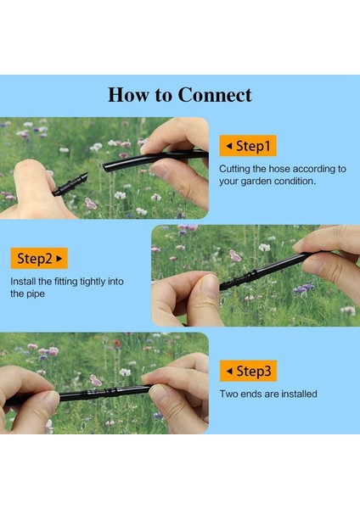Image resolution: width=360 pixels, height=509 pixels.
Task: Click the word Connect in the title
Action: (215, 95)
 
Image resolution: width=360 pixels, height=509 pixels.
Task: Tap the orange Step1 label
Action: (248, 146)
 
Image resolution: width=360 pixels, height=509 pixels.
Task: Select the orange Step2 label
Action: (39, 259)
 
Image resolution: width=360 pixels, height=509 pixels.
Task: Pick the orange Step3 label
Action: (248, 371)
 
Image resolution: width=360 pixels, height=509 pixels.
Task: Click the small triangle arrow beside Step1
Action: (229, 146)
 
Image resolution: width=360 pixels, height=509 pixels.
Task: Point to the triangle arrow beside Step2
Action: (59, 259)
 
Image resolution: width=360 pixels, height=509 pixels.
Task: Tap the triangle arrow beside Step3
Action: (229, 371)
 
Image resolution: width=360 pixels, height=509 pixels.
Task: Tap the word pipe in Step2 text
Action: (36, 294)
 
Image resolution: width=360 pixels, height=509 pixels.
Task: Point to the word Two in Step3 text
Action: (229, 394)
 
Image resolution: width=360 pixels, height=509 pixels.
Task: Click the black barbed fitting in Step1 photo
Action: (70, 184)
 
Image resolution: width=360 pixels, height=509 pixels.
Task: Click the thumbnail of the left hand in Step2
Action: (209, 286)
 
